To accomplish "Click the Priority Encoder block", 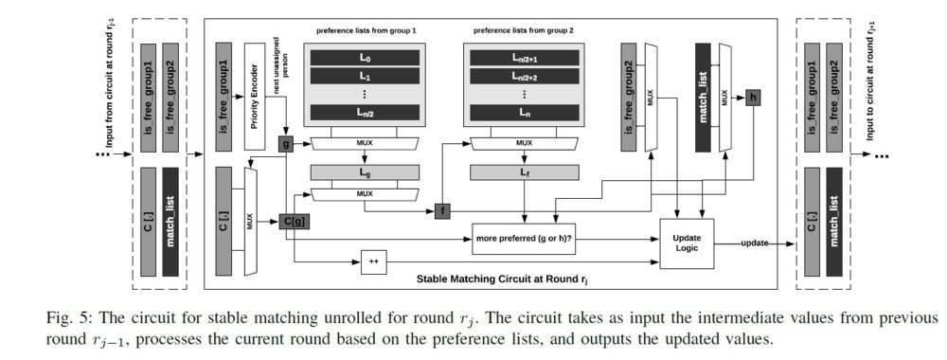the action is click(255, 97).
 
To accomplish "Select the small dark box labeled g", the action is click(284, 144).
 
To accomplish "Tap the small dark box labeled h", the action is click(753, 98).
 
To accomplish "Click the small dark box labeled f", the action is click(442, 211).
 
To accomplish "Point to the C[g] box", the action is click(295, 222).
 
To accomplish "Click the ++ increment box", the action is click(373, 261).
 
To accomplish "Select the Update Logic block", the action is click(687, 243).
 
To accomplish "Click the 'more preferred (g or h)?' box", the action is click(525, 239).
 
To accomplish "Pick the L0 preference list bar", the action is click(365, 58).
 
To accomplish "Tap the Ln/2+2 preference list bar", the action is click(525, 76).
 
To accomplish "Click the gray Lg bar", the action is click(365, 172).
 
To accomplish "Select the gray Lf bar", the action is click(525, 172).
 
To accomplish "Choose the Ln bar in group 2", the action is click(525, 113).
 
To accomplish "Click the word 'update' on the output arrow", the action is click(755, 243).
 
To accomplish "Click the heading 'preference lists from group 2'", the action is click(524, 30).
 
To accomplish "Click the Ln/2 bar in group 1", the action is click(365, 113).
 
